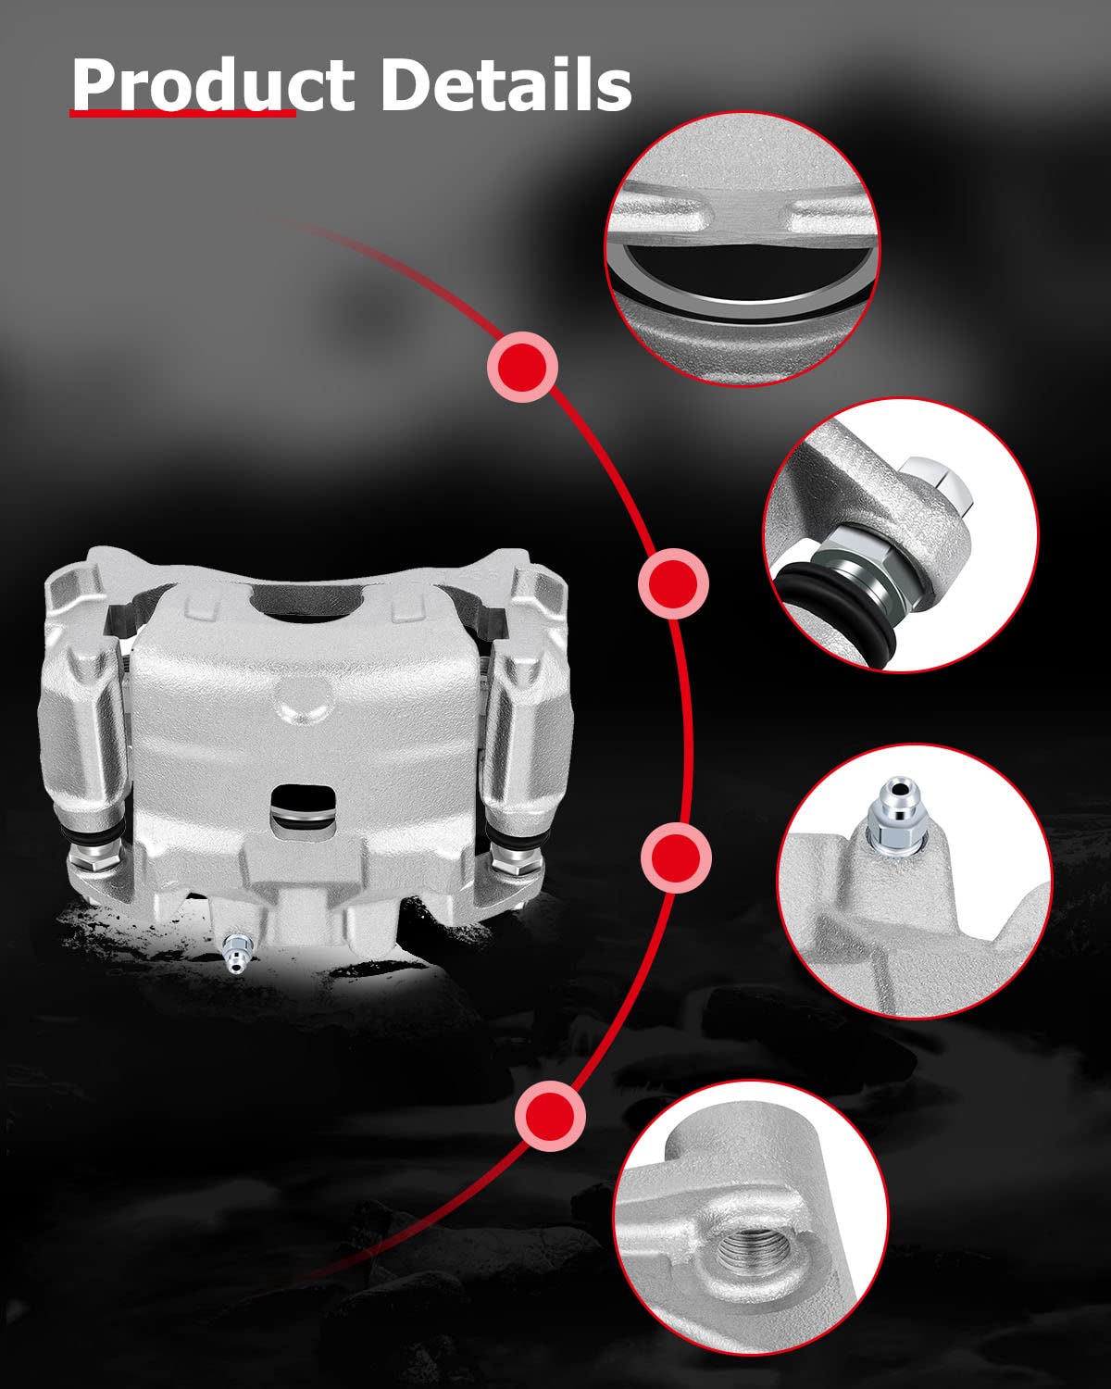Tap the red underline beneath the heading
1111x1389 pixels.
click(x=182, y=113)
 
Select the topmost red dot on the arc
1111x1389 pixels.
click(x=522, y=367)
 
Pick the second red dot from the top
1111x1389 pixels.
click(x=673, y=583)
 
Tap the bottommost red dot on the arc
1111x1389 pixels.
click(x=551, y=1116)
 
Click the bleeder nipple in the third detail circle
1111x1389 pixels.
click(x=894, y=816)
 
